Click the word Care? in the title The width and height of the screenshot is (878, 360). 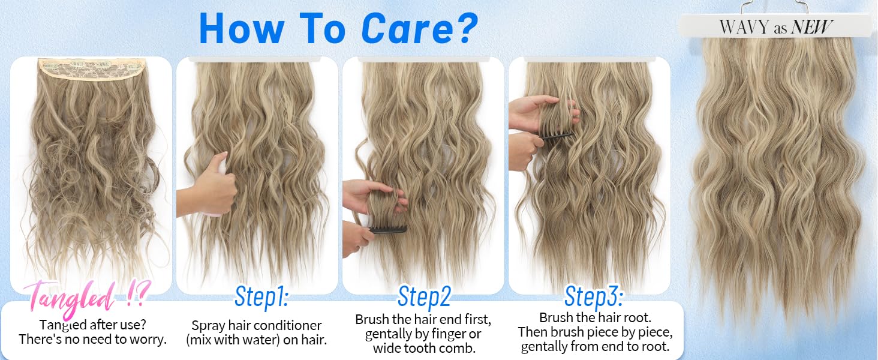419,28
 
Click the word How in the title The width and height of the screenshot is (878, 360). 242,28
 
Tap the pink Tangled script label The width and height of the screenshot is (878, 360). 87,299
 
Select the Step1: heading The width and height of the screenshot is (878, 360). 261,297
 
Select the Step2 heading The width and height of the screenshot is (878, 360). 424,297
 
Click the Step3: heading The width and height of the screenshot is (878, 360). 593,296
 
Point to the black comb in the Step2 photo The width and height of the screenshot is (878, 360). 388,229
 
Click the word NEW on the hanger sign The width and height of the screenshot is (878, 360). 811,26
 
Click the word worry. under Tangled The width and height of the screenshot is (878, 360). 148,340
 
